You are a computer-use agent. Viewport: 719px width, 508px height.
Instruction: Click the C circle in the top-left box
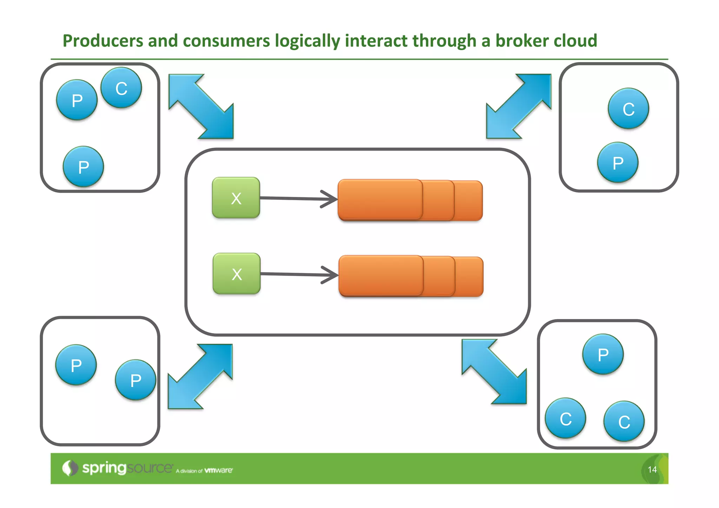pyautogui.click(x=121, y=88)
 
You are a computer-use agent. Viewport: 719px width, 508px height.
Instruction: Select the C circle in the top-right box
pyautogui.click(x=628, y=108)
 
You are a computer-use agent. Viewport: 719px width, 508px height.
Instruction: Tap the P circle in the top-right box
pyautogui.click(x=618, y=163)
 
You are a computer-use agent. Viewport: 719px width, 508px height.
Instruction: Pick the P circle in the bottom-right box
pyautogui.click(x=603, y=354)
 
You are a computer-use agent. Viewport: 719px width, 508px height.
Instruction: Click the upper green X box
pyautogui.click(x=236, y=198)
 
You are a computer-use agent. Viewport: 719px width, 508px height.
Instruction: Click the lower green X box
pyautogui.click(x=237, y=274)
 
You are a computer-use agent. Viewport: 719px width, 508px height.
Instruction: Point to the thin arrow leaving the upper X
pyautogui.click(x=298, y=199)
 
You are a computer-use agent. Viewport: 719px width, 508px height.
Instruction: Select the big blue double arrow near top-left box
pyautogui.click(x=201, y=106)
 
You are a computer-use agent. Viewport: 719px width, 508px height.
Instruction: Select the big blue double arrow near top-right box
pyautogui.click(x=519, y=106)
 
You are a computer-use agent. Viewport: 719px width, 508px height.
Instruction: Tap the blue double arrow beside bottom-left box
pyautogui.click(x=200, y=376)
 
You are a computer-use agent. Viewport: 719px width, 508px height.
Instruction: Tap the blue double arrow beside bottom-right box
pyautogui.click(x=494, y=371)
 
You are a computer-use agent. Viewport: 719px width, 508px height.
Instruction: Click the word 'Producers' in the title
pyautogui.click(x=103, y=41)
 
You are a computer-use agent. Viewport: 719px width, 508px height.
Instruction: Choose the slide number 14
pyautogui.click(x=652, y=470)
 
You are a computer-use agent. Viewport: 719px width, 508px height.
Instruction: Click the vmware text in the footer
pyautogui.click(x=218, y=470)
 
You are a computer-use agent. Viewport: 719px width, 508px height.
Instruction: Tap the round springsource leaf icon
pyautogui.click(x=70, y=468)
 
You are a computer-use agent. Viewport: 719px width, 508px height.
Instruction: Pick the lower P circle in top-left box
pyautogui.click(x=84, y=166)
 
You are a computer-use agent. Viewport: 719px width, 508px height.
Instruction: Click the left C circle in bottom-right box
pyautogui.click(x=566, y=418)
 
